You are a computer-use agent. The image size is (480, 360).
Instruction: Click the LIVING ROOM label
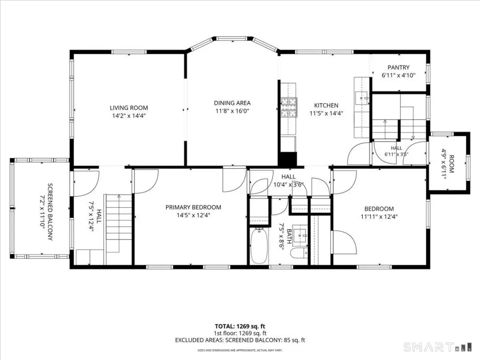point(129,108)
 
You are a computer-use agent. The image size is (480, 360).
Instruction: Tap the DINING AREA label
point(232,103)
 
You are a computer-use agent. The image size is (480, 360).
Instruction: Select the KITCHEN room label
point(326,105)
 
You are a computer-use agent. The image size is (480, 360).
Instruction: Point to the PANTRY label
point(398,67)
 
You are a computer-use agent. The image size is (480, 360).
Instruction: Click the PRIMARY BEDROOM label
point(194,207)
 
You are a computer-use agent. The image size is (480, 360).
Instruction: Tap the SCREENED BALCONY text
point(50,212)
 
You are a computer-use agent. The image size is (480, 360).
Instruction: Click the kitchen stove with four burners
point(289,107)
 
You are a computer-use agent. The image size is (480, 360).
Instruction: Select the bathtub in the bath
point(259,246)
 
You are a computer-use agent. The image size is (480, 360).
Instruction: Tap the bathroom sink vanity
point(300,235)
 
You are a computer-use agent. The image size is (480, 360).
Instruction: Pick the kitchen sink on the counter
point(362,98)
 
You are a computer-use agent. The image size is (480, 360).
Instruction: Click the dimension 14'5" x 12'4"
point(194,215)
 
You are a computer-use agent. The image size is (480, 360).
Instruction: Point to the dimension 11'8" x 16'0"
point(232,111)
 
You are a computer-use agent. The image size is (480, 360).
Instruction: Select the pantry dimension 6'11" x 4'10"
point(398,75)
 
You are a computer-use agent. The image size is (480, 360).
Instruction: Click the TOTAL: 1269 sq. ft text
point(240,326)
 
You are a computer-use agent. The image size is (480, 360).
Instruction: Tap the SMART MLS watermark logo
point(437,347)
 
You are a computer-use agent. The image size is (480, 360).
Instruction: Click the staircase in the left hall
point(119,229)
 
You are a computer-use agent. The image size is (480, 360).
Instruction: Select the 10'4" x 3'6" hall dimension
point(288,185)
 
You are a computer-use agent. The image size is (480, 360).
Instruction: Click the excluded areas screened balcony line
point(240,340)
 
